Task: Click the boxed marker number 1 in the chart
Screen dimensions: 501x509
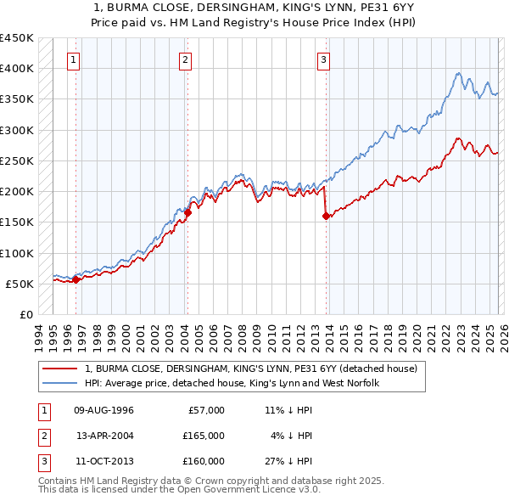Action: (x=75, y=59)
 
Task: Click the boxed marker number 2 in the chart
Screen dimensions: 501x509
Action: (x=185, y=59)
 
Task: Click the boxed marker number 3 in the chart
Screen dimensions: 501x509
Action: (x=324, y=59)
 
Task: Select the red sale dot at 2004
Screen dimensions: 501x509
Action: (x=187, y=213)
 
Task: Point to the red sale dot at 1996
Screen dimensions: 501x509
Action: (x=76, y=279)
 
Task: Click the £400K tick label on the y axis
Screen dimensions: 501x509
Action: (x=16, y=69)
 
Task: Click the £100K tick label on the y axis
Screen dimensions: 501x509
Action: (x=16, y=253)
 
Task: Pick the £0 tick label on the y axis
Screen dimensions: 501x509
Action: (x=25, y=315)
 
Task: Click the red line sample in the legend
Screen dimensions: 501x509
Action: (x=59, y=369)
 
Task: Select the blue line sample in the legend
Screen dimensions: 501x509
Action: (x=59, y=384)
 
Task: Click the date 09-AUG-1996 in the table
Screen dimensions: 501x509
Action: (x=105, y=410)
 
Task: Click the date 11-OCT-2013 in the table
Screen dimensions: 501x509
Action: (x=105, y=461)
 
